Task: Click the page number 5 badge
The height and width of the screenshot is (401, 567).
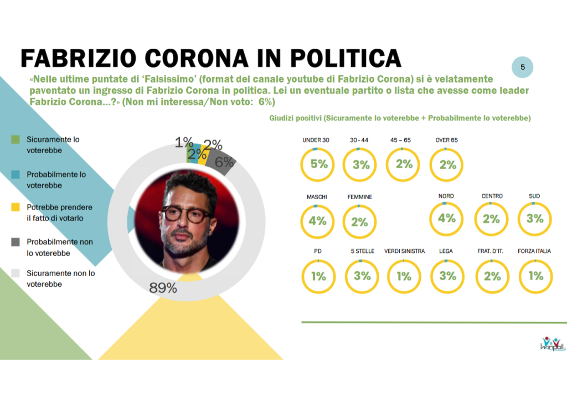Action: (x=522, y=68)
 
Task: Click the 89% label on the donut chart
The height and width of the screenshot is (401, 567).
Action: (x=163, y=288)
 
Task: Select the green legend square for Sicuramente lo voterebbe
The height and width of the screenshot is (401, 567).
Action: (x=16, y=140)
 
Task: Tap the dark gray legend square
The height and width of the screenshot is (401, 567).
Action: (x=16, y=242)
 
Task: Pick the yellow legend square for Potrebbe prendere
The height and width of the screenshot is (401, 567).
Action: (x=16, y=207)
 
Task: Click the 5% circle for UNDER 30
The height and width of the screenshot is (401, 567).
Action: (x=318, y=165)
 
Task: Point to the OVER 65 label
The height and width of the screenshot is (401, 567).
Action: (x=447, y=140)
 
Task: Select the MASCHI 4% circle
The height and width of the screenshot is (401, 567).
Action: (x=317, y=221)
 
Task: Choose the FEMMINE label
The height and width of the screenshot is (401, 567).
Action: (x=359, y=197)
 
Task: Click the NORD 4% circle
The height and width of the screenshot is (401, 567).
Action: (x=446, y=219)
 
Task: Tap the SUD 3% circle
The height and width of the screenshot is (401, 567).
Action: (x=535, y=219)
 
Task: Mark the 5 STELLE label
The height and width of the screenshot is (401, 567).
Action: (x=362, y=251)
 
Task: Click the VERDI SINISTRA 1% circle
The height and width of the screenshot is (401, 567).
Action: (x=404, y=276)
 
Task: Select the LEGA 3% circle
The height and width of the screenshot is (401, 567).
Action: (x=447, y=276)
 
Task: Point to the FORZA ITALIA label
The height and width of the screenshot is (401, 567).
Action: (x=534, y=251)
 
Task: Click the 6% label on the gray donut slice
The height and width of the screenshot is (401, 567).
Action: (x=224, y=162)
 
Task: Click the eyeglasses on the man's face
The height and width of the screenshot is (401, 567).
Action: (x=188, y=214)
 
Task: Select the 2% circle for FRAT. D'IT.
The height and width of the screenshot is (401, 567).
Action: (x=491, y=276)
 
